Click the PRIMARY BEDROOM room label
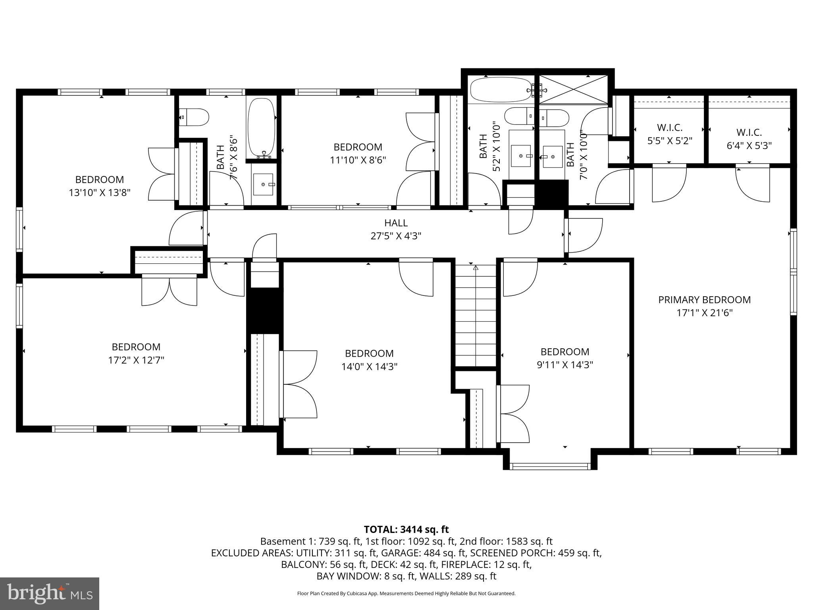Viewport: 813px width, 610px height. click(704, 300)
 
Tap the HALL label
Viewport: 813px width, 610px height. click(396, 223)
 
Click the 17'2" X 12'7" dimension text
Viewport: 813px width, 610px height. click(136, 360)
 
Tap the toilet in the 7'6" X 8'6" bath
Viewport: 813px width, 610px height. click(195, 118)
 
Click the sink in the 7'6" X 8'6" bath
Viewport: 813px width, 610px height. click(263, 185)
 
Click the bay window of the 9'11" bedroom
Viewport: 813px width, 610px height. click(550, 465)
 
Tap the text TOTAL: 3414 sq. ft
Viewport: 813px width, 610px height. click(406, 529)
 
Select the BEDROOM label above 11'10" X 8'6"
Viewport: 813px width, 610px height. click(358, 147)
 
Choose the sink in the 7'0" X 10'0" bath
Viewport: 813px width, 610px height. click(552, 156)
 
